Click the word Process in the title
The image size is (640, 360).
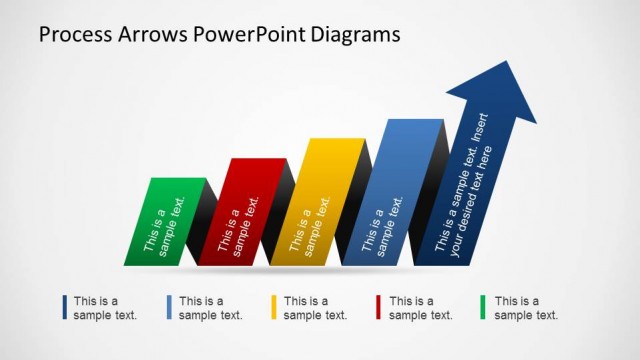pos(73,35)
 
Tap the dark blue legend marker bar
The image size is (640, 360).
pos(65,307)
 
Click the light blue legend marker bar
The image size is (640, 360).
pos(170,307)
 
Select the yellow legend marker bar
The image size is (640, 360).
pos(275,307)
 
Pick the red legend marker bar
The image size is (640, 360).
pos(380,307)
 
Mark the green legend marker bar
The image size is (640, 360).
pos(485,307)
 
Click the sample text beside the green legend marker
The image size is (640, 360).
pos(526,308)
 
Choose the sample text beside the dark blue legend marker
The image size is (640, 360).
pos(105,308)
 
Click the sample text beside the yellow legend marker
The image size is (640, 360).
pos(315,308)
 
